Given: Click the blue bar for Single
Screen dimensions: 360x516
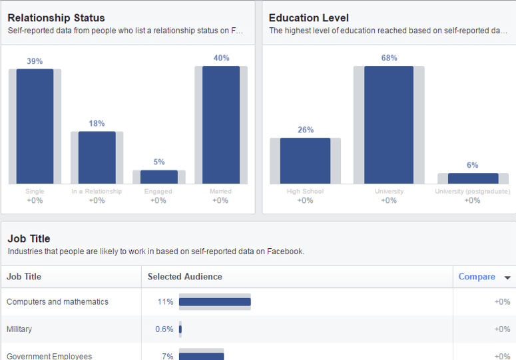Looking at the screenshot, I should (x=35, y=126).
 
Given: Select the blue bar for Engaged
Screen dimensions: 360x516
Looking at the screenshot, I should (x=158, y=177).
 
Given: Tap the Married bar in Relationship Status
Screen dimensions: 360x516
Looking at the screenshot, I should (x=220, y=125).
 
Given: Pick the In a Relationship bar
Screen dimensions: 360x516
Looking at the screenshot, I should (x=97, y=158).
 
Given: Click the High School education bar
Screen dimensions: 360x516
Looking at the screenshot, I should (x=305, y=161).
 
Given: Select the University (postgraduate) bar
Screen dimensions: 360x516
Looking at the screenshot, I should (x=473, y=178).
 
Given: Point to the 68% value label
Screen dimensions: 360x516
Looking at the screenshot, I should (x=389, y=58).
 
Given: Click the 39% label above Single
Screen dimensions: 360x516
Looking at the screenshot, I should (x=35, y=61).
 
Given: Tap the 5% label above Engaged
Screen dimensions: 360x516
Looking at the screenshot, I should (x=158, y=162).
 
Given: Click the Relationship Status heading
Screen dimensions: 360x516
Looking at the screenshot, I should (x=57, y=18).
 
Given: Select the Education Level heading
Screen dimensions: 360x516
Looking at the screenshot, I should (x=309, y=18).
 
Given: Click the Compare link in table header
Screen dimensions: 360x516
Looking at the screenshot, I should (x=477, y=277).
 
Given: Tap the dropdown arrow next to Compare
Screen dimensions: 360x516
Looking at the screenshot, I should (x=507, y=277).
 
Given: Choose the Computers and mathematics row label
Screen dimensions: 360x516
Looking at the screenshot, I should (x=57, y=302).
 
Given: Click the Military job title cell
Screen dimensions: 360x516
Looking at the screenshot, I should (x=19, y=329).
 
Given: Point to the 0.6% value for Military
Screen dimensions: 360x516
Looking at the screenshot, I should (x=164, y=329).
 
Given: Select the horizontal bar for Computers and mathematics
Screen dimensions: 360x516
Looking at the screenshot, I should (x=214, y=302).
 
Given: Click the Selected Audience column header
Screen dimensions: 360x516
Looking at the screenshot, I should (x=185, y=277).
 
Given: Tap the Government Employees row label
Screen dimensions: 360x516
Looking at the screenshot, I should (x=49, y=356).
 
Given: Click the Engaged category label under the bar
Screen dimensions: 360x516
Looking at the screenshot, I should (x=158, y=192).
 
